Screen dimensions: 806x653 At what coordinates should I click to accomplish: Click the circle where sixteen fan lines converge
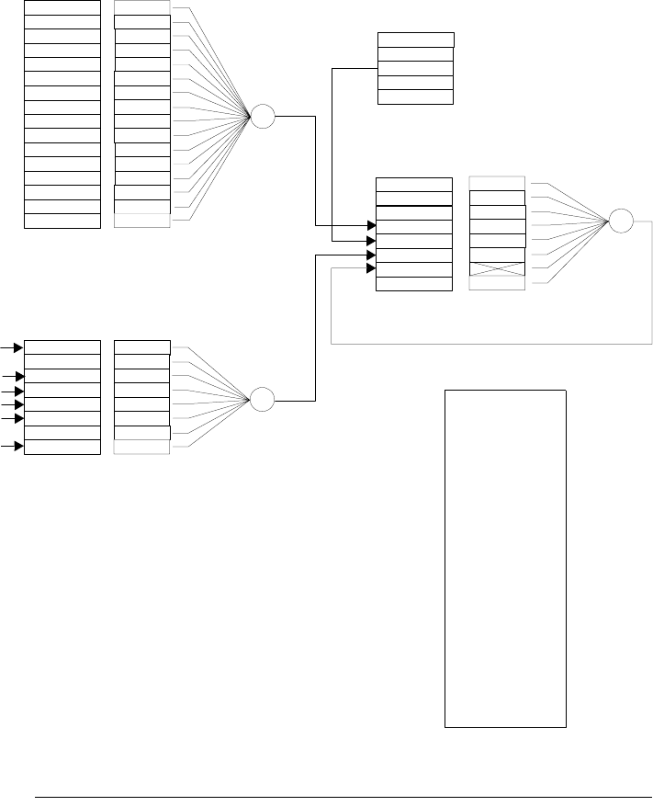[263, 117]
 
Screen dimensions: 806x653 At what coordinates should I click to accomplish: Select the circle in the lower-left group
[263, 400]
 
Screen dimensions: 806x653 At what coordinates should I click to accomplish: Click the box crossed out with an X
[497, 268]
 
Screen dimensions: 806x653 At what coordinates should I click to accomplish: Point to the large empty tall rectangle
[505, 558]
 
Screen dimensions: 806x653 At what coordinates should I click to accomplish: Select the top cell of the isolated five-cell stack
[415, 40]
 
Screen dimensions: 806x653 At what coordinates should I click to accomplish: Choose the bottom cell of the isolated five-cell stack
[415, 96]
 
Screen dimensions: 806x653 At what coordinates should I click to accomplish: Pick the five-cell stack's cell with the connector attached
[415, 68]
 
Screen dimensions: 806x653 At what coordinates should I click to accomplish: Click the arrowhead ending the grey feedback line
[371, 268]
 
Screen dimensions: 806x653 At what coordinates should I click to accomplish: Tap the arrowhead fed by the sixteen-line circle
[371, 225]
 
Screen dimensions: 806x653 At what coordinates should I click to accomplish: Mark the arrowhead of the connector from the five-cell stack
[371, 240]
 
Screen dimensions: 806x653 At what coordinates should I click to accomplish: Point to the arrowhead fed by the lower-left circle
[371, 255]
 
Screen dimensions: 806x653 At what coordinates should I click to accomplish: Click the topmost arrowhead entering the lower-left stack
[19, 347]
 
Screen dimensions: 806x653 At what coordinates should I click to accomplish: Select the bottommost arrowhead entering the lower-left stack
[19, 447]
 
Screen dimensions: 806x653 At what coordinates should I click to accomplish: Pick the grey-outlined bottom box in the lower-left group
[141, 447]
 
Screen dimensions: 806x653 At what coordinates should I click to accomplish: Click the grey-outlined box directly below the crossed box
[497, 283]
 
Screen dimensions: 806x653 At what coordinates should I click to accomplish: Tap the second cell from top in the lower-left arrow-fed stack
[62, 361]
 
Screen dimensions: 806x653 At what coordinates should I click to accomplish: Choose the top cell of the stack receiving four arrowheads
[414, 184]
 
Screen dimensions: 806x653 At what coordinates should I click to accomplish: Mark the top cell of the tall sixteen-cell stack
[62, 7]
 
